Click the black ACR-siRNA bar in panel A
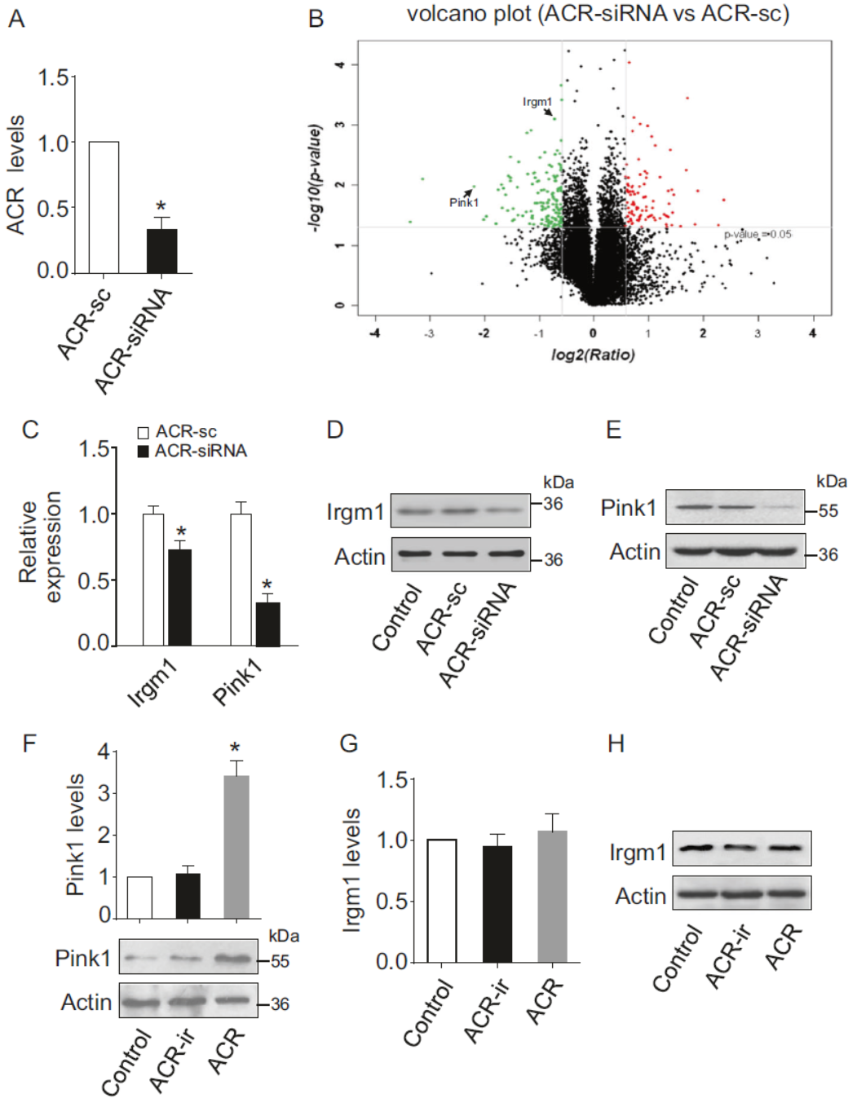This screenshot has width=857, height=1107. click(161, 251)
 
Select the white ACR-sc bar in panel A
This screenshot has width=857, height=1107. click(104, 207)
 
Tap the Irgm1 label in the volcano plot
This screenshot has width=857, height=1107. click(537, 102)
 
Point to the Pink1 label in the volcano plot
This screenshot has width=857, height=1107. click(464, 202)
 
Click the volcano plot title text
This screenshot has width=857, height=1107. click(598, 14)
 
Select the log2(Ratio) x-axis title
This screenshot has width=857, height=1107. click(593, 355)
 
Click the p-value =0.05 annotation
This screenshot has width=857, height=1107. click(758, 235)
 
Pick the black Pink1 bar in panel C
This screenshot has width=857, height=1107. click(267, 624)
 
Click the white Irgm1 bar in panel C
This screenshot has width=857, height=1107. click(153, 580)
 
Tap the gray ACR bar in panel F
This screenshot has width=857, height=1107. click(236, 847)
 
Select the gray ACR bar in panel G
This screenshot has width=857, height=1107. click(552, 897)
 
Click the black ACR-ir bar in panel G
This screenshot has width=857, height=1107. click(497, 904)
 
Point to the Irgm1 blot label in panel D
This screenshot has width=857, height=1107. click(355, 512)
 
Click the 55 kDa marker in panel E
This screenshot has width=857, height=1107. click(828, 511)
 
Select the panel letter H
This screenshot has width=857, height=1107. click(616, 743)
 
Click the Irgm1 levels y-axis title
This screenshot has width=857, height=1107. click(351, 870)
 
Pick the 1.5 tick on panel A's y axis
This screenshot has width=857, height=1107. click(53, 78)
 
